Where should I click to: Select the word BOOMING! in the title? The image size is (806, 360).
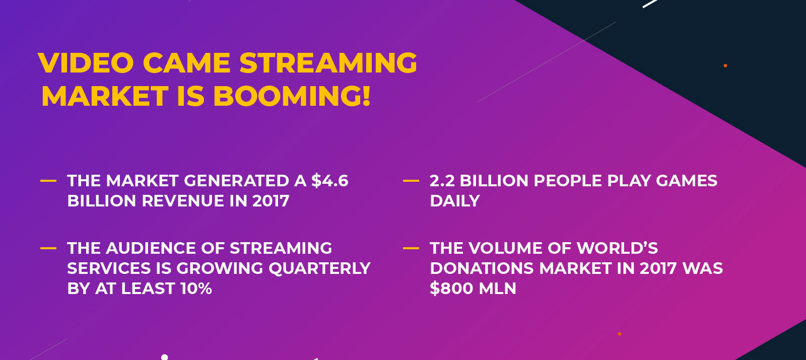pos(292,96)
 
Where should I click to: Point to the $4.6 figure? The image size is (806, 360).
pos(329,181)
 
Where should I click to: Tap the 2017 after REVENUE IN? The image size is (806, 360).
pos(271,201)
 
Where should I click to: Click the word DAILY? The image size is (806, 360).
pos(455,201)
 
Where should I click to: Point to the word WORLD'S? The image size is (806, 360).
pos(617,248)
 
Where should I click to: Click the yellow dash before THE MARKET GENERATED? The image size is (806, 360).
pos(48,181)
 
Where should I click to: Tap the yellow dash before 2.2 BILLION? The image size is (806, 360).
pos(411,181)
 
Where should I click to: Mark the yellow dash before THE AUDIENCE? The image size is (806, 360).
pos(48,248)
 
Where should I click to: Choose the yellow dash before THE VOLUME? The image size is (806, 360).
pos(411,248)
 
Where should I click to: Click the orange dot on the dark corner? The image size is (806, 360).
pos(725,65)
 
